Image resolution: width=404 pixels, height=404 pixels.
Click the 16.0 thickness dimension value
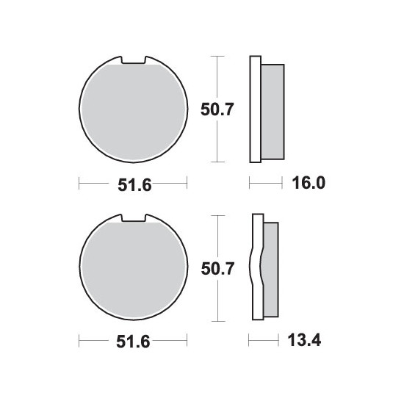[309, 183]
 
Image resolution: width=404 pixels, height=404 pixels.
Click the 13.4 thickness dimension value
[304, 340]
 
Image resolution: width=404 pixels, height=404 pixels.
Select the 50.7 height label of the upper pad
[217, 109]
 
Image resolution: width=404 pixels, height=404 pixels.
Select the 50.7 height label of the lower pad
[217, 268]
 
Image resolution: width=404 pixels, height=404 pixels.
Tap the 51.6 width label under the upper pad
[134, 185]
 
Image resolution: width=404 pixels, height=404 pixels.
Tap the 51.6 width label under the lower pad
[133, 342]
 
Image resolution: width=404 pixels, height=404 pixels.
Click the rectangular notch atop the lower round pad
[133, 218]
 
